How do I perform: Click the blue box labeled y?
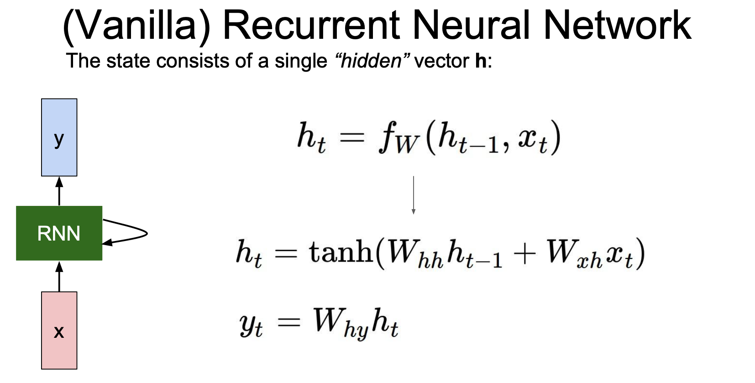point(59,137)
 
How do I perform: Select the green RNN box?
point(59,233)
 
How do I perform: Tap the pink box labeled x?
point(59,330)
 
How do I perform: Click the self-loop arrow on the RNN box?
point(137,233)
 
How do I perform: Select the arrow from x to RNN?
point(59,276)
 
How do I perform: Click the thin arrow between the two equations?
point(413,195)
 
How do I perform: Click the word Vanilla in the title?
point(136,26)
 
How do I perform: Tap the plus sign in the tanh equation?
point(524,254)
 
